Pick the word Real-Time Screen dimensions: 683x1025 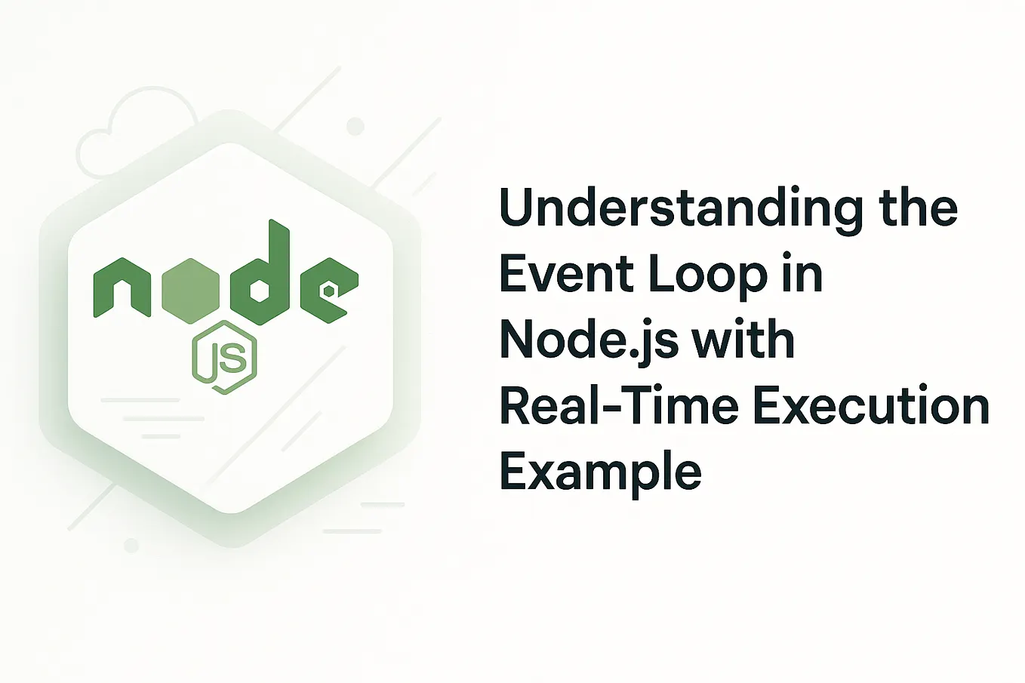click(618, 406)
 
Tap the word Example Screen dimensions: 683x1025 click(601, 473)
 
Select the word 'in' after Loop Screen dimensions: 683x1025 click(805, 275)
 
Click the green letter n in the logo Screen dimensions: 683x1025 click(121, 288)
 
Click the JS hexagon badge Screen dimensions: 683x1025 click(225, 358)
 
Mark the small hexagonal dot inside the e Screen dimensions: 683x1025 click(329, 290)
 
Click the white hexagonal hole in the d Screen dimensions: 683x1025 click(259, 291)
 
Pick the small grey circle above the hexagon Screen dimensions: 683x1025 click(355, 126)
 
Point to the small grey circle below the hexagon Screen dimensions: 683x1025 click(131, 545)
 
